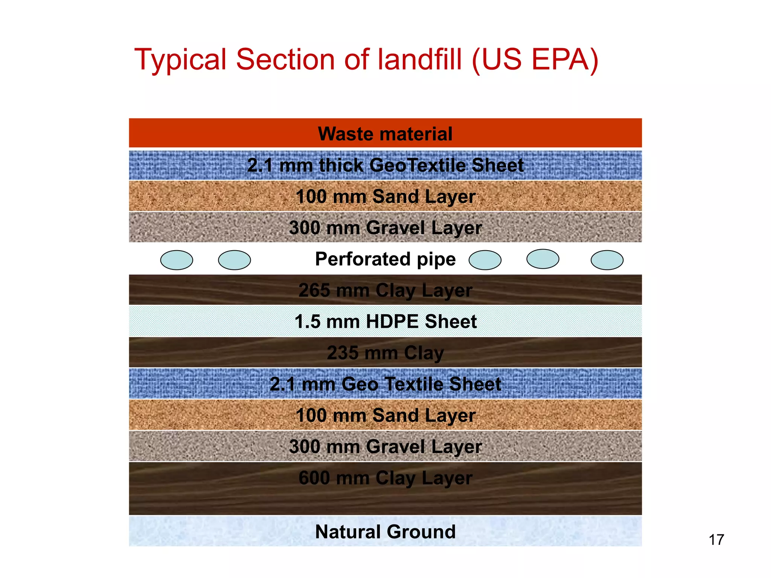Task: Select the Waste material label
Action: coord(385,134)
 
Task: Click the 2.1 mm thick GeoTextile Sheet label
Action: coord(385,165)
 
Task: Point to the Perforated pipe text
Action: coord(385,259)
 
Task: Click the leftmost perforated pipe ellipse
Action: coord(177,260)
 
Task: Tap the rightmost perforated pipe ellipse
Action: coord(607,260)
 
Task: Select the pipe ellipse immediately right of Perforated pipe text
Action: coord(485,260)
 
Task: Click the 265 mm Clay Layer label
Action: coord(385,291)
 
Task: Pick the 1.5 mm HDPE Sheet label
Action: coord(385,322)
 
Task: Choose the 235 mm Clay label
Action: coord(385,353)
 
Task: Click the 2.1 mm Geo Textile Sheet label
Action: coord(385,384)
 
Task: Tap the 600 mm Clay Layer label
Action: coord(385,478)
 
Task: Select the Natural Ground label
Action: coord(385,532)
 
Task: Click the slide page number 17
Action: coord(716,540)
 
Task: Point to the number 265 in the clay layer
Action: coord(314,291)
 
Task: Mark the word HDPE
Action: coord(392,322)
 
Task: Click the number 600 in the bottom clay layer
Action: coord(314,478)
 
